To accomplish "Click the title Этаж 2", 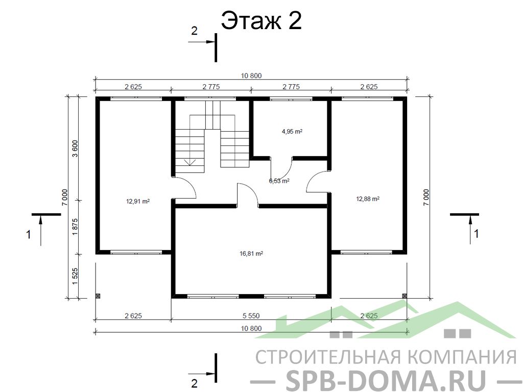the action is (261, 20).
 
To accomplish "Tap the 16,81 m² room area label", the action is (251, 254).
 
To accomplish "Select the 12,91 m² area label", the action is (138, 201).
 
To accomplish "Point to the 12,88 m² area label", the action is (368, 199).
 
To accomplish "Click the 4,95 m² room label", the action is (292, 131).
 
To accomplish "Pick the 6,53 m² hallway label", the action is (279, 181).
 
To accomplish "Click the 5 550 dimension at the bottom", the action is (251, 315).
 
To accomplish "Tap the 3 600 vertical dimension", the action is (75, 149).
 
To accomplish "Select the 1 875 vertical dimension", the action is (75, 227).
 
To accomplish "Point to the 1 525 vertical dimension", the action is (75, 276).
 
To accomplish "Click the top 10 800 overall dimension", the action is (251, 76).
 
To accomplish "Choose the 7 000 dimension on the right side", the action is (426, 198).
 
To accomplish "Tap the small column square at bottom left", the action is (98, 296).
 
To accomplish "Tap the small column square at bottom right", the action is (405, 296).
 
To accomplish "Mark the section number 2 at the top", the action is (194, 31).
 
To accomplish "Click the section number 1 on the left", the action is (29, 234).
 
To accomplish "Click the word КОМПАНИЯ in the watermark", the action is (462, 357).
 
